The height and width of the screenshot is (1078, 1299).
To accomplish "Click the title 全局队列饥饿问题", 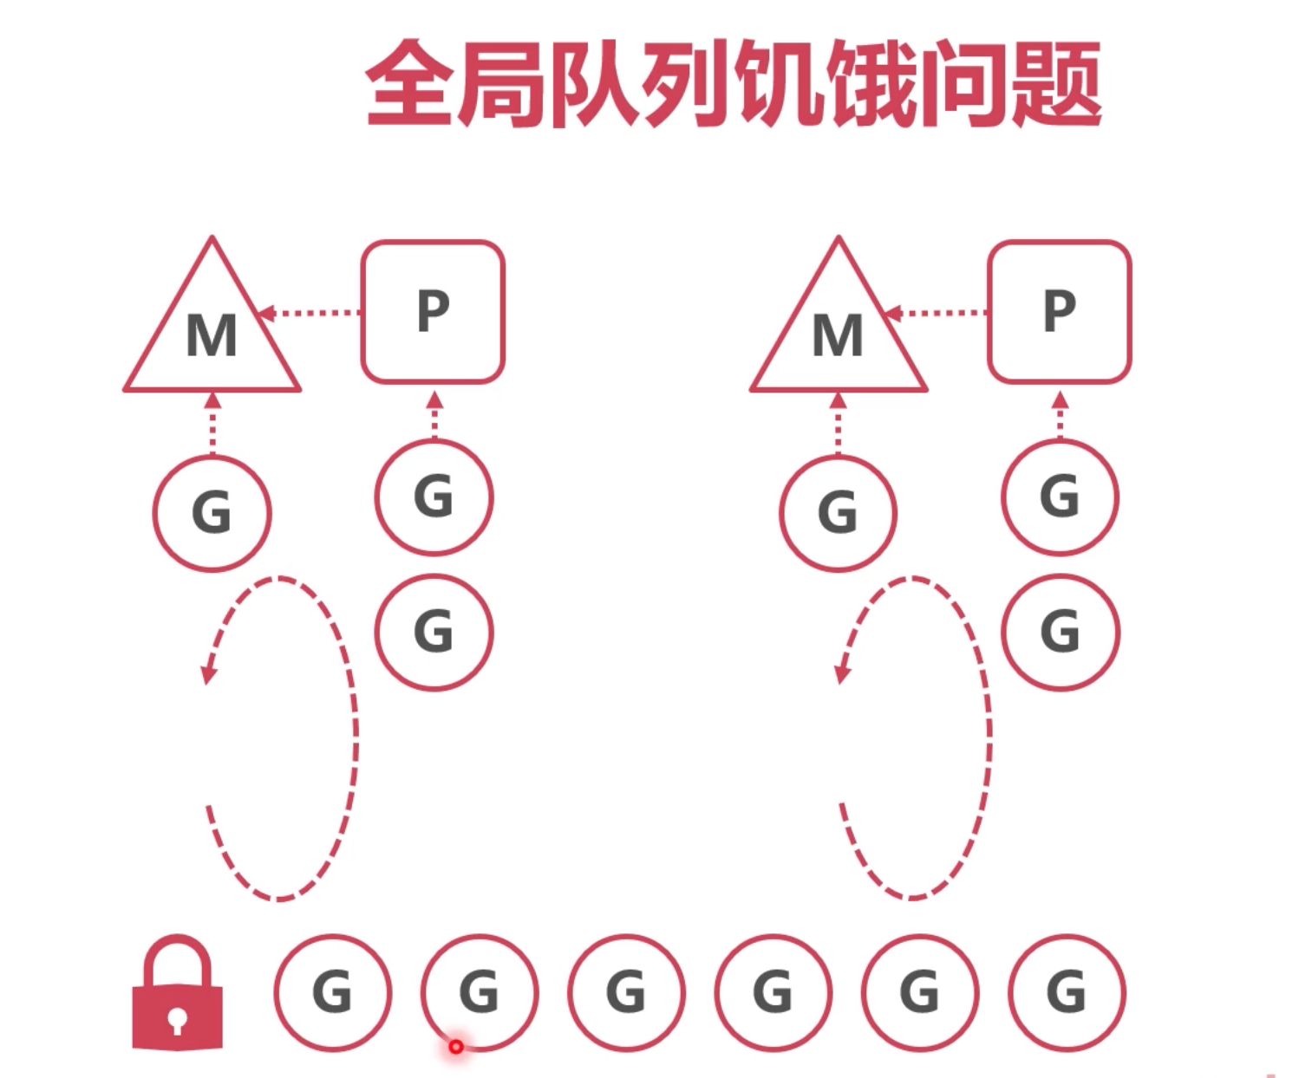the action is pyautogui.click(x=734, y=83).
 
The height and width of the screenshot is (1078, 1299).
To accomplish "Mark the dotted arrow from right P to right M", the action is pyautogui.click(x=936, y=313).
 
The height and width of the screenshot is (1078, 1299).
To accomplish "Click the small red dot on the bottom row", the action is pyautogui.click(x=456, y=1047).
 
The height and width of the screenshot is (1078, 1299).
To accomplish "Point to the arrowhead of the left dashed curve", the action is pyautogui.click(x=208, y=675).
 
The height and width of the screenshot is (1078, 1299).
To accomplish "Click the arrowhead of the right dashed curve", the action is pyautogui.click(x=842, y=674).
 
